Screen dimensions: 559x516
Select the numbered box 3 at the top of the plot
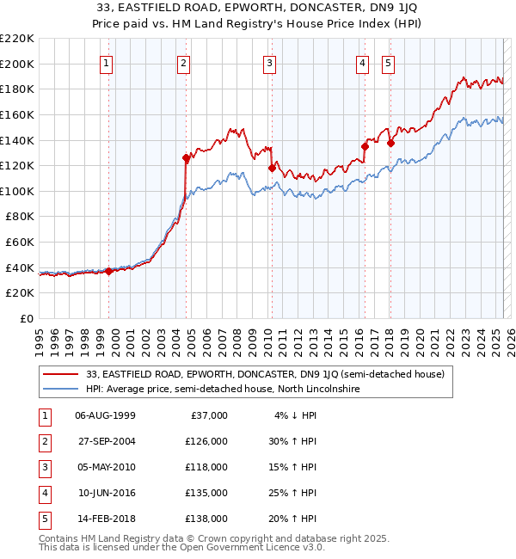coord(269,63)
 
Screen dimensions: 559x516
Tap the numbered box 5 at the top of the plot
coord(388,63)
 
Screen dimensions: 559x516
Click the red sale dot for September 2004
coord(186,158)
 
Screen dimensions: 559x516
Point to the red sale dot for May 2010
coord(272,168)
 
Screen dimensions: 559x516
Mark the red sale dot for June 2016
coord(365,146)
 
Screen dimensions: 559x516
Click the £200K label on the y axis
coord(18,64)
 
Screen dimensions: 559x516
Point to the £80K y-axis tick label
coord(21,217)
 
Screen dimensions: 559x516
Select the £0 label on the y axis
coord(28,319)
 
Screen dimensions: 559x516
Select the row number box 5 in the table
coord(43,518)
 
